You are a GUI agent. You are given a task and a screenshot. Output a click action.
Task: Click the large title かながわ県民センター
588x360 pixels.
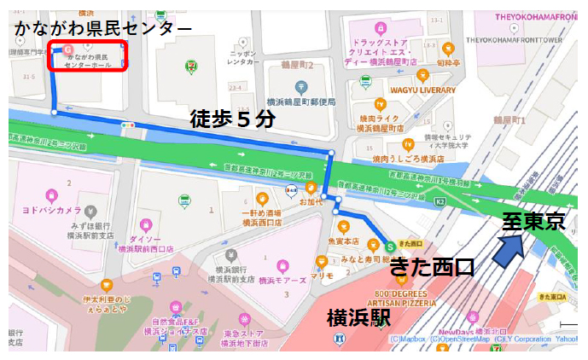(102, 28)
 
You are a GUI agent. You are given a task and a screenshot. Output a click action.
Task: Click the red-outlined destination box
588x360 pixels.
(87, 56)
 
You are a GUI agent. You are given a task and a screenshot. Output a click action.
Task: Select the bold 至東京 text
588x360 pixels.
(533, 222)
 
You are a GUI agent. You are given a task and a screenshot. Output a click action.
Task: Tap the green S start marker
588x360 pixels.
(390, 243)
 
